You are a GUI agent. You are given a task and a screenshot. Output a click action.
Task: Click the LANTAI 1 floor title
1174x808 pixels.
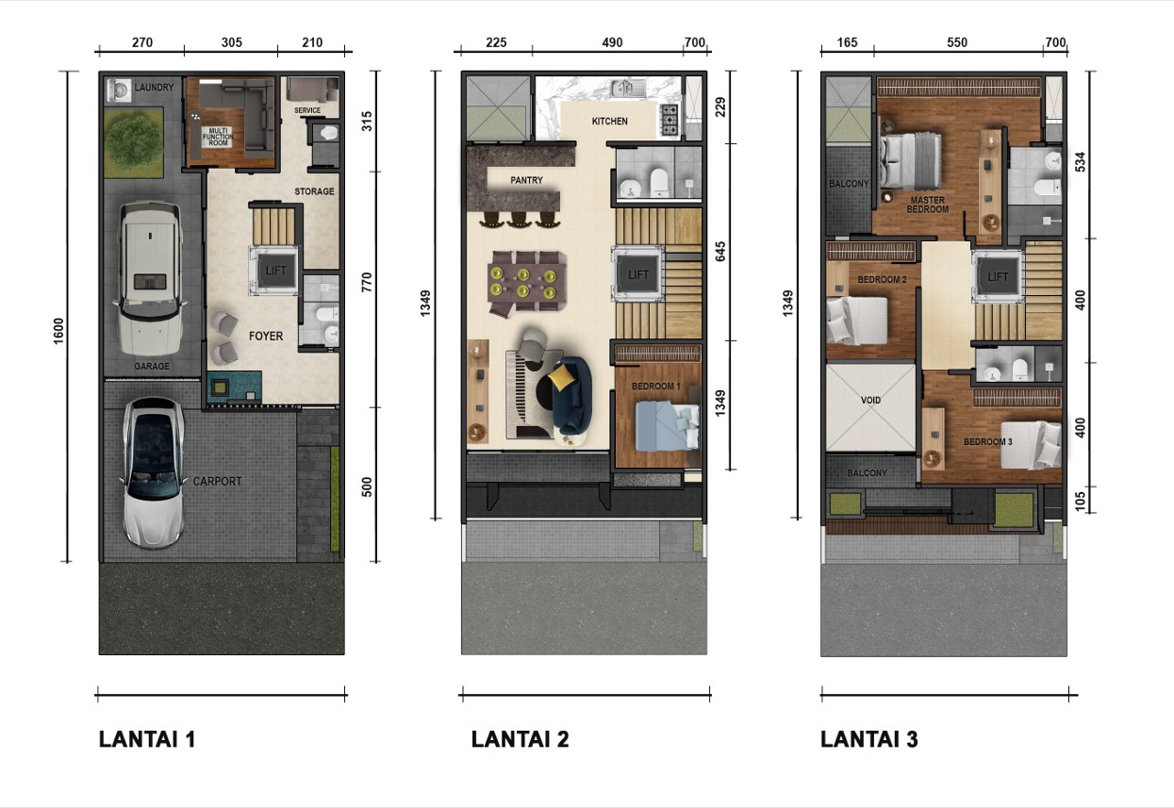pyautogui.click(x=147, y=739)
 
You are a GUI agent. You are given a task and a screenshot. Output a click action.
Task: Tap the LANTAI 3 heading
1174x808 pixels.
pyautogui.click(x=869, y=739)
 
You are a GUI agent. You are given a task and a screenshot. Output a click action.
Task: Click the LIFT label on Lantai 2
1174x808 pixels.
pyautogui.click(x=638, y=274)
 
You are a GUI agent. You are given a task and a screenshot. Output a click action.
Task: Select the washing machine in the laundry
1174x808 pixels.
pyautogui.click(x=120, y=91)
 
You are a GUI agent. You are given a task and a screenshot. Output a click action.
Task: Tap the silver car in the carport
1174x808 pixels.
pyautogui.click(x=153, y=473)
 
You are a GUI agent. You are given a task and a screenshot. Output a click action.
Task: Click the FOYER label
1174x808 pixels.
pyautogui.click(x=266, y=336)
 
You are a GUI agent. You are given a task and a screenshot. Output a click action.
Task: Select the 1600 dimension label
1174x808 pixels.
pyautogui.click(x=58, y=331)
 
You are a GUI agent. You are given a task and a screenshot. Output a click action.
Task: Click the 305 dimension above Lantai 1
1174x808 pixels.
pyautogui.click(x=231, y=42)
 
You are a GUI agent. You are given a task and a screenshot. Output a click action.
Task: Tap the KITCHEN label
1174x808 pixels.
pyautogui.click(x=609, y=121)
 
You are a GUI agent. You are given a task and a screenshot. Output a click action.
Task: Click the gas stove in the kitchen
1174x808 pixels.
pyautogui.click(x=670, y=120)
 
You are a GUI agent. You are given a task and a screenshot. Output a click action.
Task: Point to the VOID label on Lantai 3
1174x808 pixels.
pyautogui.click(x=870, y=401)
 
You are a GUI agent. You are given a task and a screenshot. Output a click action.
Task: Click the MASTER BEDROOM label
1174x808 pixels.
pyautogui.click(x=928, y=205)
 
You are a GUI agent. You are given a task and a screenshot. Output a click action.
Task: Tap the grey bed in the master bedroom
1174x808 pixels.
pyautogui.click(x=911, y=160)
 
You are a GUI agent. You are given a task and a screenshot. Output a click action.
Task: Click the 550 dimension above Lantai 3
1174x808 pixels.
pyautogui.click(x=957, y=42)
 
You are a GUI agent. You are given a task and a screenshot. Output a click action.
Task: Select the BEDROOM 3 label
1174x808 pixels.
pyautogui.click(x=988, y=442)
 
